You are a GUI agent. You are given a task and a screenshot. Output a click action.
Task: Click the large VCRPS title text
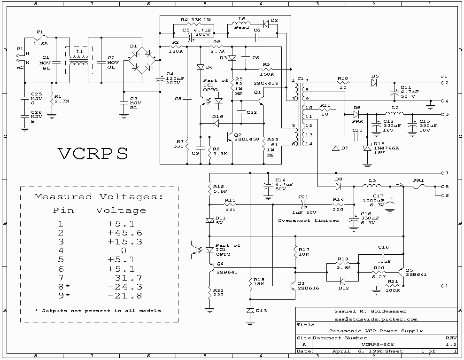pos(93,154)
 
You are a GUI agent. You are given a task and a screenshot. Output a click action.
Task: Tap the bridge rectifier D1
pos(139,60)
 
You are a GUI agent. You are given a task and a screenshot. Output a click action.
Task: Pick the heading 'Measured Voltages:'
pos(99,197)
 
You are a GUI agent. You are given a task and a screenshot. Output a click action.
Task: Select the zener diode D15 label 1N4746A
pos(387,147)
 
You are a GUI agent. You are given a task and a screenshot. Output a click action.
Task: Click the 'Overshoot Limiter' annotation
pos(308,220)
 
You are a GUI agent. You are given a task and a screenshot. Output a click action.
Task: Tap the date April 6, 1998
pos(352,351)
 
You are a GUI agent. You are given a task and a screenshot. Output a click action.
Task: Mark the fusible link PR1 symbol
pos(418,186)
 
